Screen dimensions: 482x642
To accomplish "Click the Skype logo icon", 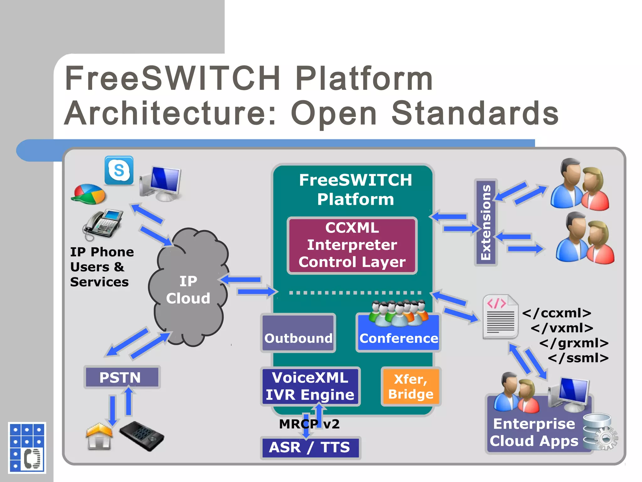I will (119, 170).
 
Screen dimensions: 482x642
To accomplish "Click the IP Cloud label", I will (188, 290).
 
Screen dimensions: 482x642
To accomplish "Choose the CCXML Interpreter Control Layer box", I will (352, 245).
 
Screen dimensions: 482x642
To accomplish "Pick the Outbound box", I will (298, 333).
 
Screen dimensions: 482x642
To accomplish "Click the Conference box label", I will (398, 338).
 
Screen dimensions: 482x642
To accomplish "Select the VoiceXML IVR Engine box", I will (310, 386).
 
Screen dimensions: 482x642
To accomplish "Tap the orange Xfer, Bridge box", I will (411, 387).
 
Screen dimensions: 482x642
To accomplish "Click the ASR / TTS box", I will (310, 447).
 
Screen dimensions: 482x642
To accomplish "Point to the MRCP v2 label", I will (309, 424).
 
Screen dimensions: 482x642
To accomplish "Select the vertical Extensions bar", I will (486, 222).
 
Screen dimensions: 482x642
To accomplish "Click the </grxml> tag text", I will (574, 343).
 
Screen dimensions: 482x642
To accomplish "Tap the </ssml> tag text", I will (578, 358).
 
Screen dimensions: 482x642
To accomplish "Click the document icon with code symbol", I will (500, 317).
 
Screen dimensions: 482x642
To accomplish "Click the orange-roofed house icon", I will (99, 436).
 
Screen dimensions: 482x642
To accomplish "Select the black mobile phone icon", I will (142, 436).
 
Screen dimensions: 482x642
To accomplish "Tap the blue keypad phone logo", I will (27, 447).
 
